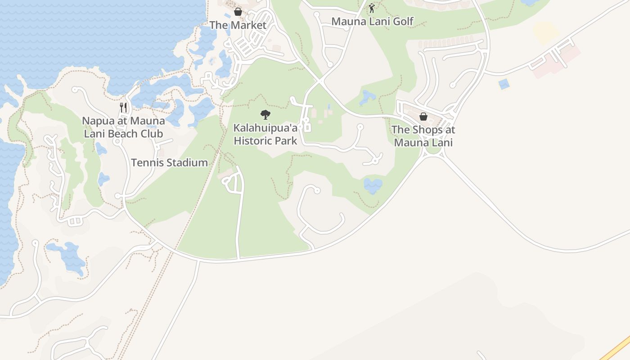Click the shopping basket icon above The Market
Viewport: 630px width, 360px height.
(x=238, y=12)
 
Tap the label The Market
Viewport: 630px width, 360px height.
(x=238, y=25)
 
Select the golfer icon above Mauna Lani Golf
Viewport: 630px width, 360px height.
(x=372, y=8)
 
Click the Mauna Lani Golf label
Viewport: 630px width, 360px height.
(x=372, y=21)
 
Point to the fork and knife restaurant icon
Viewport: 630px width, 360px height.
(x=123, y=108)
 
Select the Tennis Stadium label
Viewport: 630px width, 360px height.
(x=169, y=162)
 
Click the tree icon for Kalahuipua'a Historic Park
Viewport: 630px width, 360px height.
(x=265, y=115)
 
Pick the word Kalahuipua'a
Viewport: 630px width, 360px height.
(x=265, y=128)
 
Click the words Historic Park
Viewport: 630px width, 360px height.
(x=265, y=141)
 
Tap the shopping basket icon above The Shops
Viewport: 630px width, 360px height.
(x=423, y=117)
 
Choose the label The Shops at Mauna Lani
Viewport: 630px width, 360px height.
(x=423, y=136)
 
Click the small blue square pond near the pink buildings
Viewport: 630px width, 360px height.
(x=504, y=84)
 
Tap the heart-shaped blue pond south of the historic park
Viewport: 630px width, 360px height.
(x=373, y=185)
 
